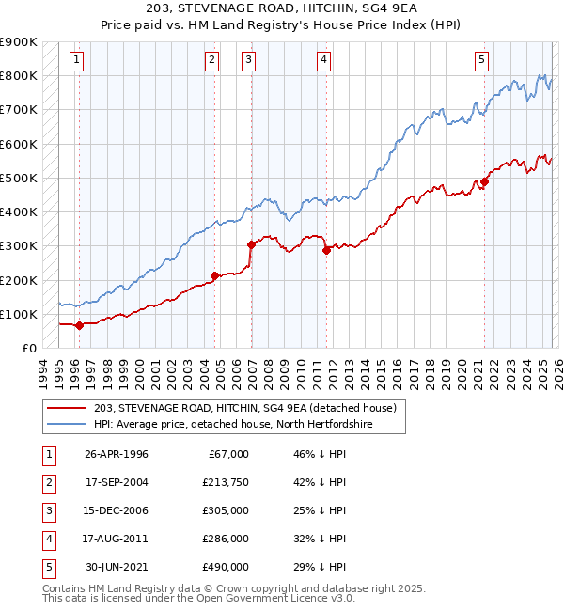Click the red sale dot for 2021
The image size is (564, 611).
tap(485, 181)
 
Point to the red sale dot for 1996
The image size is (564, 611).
tap(79, 326)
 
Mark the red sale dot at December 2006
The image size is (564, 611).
tap(251, 244)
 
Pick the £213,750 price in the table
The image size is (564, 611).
tap(226, 481)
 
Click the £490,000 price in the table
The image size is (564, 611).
tap(226, 566)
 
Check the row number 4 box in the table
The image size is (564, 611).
tap(47, 538)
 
